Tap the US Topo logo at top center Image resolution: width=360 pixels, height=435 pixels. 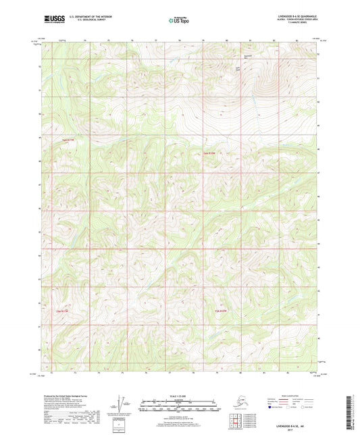[x=179, y=20]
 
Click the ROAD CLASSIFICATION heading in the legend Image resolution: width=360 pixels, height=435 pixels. [x=288, y=396]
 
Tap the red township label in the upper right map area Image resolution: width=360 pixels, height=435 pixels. [x=209, y=153]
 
